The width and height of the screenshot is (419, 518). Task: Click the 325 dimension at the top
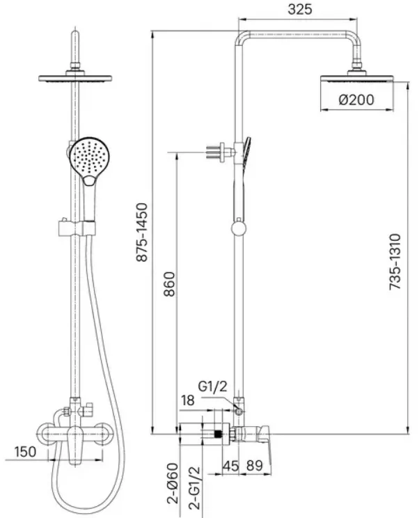tap(299, 9)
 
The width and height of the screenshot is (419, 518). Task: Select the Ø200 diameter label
tap(356, 100)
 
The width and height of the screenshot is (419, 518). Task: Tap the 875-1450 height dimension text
tap(142, 233)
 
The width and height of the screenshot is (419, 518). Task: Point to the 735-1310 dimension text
tap(395, 262)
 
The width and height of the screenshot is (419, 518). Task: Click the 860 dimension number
tap(169, 284)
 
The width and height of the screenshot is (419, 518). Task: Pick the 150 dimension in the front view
tap(25, 451)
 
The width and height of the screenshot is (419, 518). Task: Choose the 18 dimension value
tap(187, 400)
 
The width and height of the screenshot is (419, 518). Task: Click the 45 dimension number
tap(230, 466)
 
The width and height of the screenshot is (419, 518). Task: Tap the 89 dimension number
tap(255, 466)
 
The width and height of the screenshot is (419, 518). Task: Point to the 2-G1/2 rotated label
tap(194, 487)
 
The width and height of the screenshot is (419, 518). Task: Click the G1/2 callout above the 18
tap(213, 386)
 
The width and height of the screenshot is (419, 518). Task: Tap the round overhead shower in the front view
tap(75, 79)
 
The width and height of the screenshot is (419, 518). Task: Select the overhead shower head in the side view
tap(357, 78)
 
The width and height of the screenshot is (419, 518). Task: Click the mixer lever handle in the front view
tap(75, 444)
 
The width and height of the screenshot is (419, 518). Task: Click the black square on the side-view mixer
tap(217, 434)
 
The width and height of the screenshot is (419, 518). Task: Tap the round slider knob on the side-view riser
tap(239, 228)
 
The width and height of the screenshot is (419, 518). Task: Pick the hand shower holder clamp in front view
tap(77, 228)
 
